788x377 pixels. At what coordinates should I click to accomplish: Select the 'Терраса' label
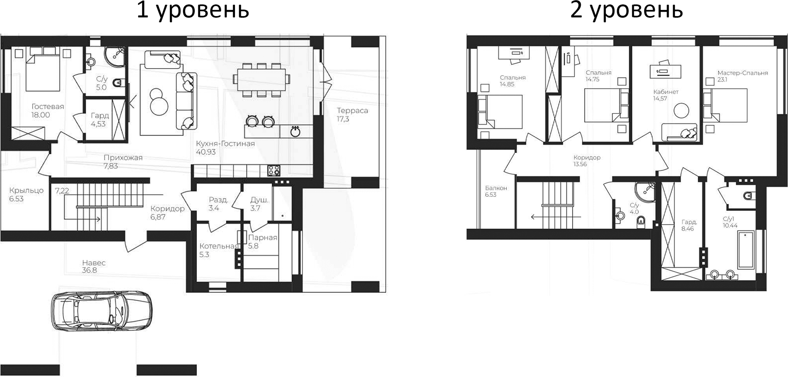tap(352, 111)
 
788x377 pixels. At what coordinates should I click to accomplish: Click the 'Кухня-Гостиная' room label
tap(225, 144)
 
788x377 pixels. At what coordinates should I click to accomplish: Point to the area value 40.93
tap(206, 152)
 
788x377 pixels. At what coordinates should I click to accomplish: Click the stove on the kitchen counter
tap(274, 170)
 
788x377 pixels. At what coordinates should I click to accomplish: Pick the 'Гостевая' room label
tap(48, 107)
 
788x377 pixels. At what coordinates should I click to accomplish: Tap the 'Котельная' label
tap(219, 246)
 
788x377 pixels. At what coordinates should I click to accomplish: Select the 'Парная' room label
tap(263, 238)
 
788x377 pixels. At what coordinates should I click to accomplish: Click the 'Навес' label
tap(94, 263)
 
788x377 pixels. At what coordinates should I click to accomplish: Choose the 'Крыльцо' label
tap(26, 191)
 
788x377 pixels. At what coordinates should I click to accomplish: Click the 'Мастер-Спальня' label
tap(742, 73)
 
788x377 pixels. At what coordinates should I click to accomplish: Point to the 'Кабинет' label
tap(666, 92)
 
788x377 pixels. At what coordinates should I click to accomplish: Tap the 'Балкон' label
tap(496, 188)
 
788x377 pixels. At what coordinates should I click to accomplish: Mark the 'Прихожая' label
tap(123, 158)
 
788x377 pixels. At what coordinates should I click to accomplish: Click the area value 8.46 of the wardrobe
tap(688, 229)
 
